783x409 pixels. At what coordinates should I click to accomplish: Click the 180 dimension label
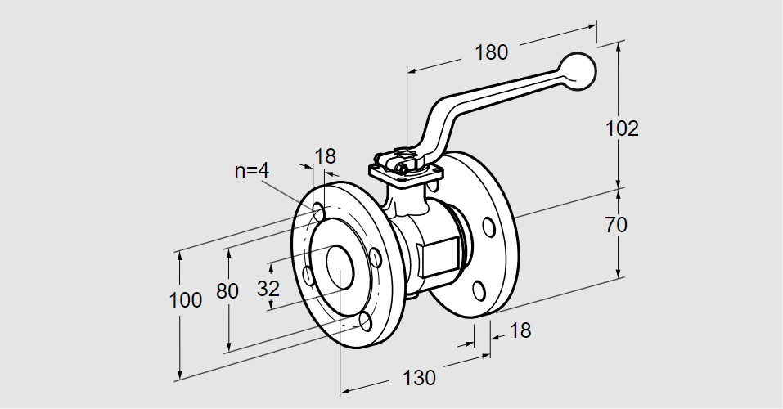491,52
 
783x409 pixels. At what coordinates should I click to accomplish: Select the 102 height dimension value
622,128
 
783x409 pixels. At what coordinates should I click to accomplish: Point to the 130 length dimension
420,378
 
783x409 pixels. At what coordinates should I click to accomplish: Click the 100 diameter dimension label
186,300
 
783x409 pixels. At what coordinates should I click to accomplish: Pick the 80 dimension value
227,290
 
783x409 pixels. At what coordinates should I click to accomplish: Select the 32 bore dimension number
268,288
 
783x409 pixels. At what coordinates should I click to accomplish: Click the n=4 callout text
252,170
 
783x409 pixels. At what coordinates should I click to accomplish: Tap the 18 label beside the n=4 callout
325,156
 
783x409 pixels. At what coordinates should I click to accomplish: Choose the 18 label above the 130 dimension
519,330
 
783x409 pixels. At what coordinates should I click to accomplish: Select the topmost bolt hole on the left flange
319,213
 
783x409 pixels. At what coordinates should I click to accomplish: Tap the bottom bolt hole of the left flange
363,321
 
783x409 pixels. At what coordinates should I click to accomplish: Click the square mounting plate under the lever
405,172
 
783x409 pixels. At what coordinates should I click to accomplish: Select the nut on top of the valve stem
404,154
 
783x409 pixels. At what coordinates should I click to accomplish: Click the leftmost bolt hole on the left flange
308,276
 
